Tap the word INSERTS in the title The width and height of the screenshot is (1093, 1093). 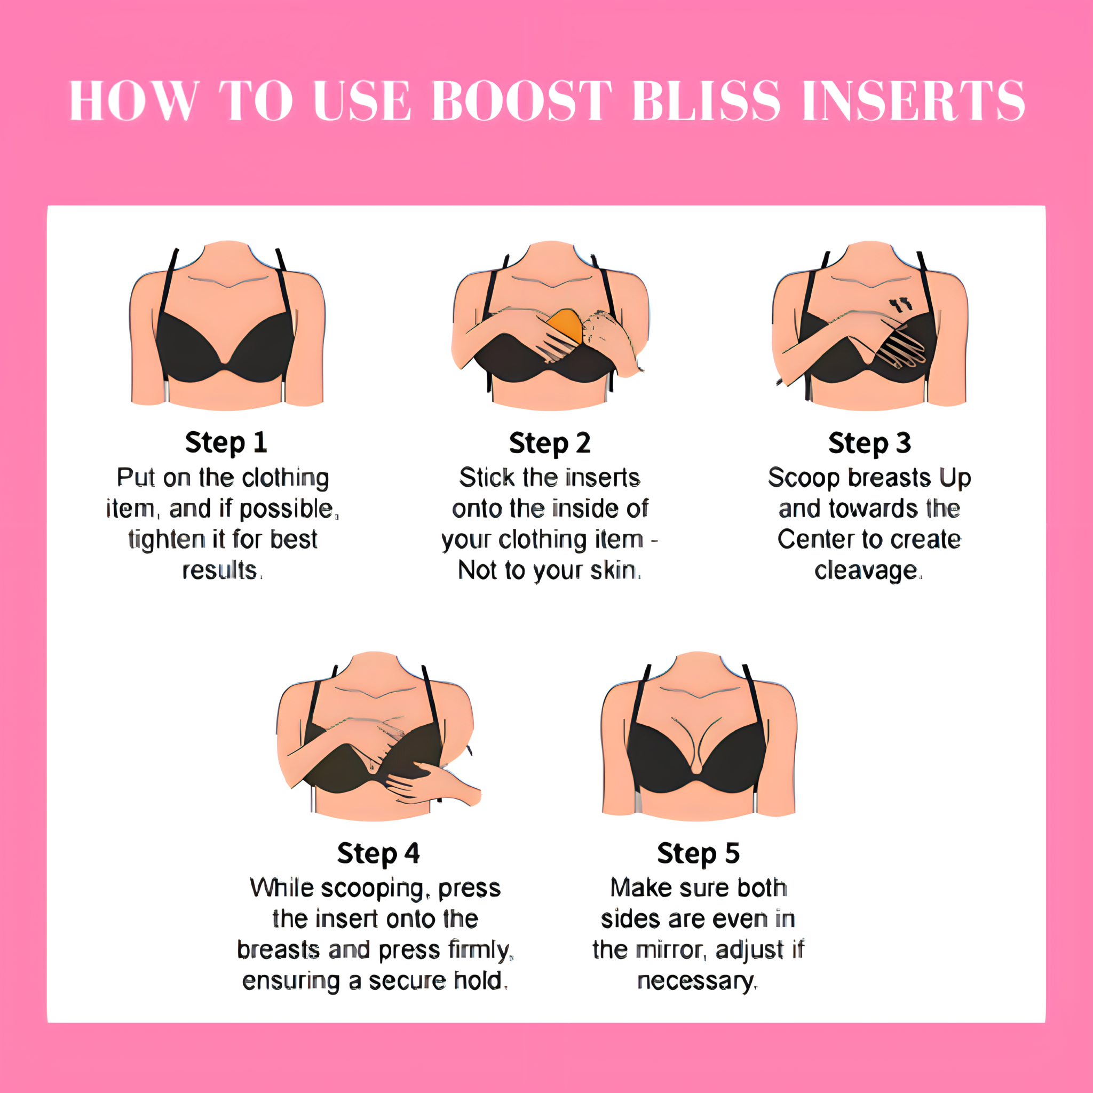(x=914, y=101)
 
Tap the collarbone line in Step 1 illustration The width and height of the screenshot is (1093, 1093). (x=228, y=281)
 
